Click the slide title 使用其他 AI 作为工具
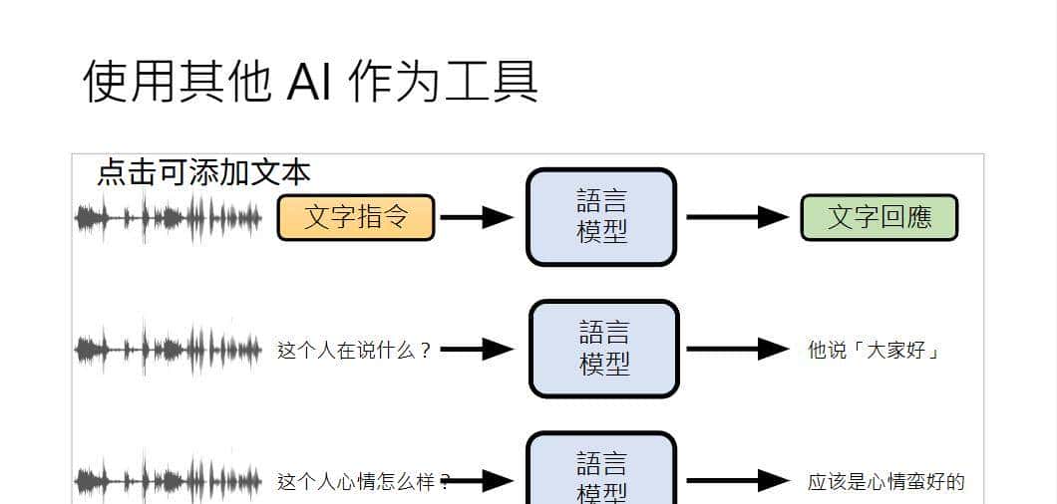(310, 81)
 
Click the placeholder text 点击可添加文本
(203, 172)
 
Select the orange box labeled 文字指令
(356, 217)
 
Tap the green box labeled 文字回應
(879, 217)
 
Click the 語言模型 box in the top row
(601, 217)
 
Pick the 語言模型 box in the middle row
(603, 349)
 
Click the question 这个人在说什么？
(354, 350)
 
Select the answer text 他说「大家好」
(875, 350)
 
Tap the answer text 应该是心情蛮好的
(885, 482)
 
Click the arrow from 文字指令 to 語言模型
(477, 217)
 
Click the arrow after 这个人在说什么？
(477, 349)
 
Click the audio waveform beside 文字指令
(169, 217)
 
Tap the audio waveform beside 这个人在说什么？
(169, 349)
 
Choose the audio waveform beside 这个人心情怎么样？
(169, 481)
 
